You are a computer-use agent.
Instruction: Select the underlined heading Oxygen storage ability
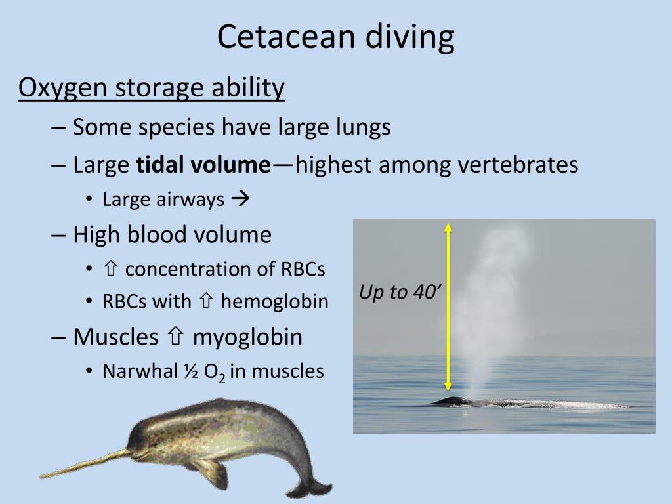[x=152, y=87]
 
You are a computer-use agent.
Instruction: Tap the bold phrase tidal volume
[x=203, y=165]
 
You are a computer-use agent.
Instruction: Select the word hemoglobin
[x=274, y=301]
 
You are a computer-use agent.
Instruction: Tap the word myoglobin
[x=247, y=337]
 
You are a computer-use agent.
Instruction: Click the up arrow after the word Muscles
[x=175, y=337]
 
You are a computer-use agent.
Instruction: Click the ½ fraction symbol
[x=174, y=371]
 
